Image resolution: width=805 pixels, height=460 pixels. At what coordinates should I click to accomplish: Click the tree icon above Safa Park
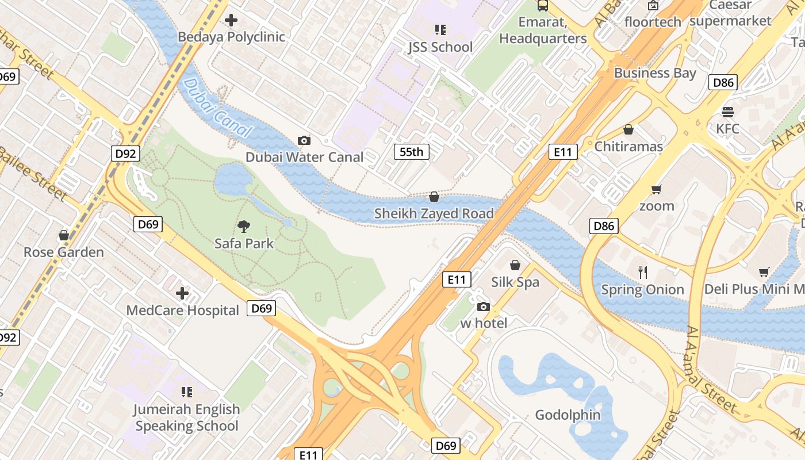point(244,226)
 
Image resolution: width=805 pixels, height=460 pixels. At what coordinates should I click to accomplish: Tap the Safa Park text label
point(244,243)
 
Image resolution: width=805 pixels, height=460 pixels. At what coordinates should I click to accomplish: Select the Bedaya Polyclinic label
point(231,37)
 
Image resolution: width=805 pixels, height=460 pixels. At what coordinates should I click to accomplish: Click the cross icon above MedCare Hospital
point(182,293)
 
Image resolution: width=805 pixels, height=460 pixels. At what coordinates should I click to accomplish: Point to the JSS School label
point(440,47)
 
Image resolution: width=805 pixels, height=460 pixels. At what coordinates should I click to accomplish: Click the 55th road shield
point(411,152)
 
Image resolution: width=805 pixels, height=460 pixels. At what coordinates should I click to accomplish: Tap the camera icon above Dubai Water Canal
point(304,140)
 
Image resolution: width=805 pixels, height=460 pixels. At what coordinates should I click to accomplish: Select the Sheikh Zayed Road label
point(434,214)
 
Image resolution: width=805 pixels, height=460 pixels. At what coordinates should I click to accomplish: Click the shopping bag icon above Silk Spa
point(515,265)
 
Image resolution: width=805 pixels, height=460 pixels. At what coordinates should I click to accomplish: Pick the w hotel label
point(484,323)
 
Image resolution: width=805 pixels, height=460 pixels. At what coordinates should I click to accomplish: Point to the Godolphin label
point(568,415)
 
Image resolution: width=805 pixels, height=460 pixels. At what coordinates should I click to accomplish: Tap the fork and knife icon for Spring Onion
point(643,272)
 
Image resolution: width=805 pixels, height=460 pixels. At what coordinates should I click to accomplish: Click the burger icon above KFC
point(728,112)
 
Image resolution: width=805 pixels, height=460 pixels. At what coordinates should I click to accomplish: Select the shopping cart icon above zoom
point(656,189)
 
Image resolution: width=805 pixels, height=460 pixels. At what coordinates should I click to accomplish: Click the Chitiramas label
point(628,147)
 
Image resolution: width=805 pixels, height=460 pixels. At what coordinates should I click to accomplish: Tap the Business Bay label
point(655,73)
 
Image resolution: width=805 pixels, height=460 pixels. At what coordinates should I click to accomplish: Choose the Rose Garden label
point(64,252)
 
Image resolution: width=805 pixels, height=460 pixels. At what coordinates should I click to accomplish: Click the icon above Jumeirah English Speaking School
point(187,392)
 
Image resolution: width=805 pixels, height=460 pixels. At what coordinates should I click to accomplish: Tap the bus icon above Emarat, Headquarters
point(542,6)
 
